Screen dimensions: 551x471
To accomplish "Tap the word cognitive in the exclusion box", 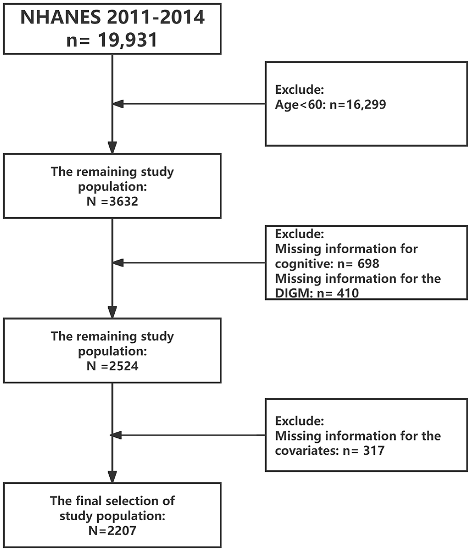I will point(300,263).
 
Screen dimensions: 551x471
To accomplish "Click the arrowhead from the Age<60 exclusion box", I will point(118,104).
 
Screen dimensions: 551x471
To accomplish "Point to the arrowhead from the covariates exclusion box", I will point(118,435).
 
